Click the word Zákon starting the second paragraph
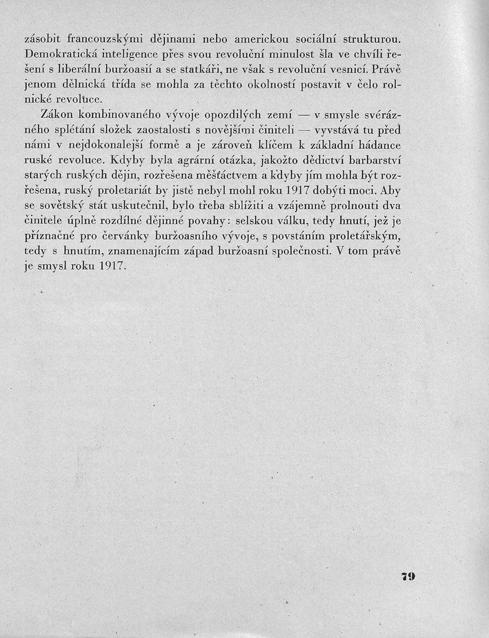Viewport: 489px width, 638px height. [59, 114]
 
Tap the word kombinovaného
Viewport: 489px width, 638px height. [128, 114]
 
